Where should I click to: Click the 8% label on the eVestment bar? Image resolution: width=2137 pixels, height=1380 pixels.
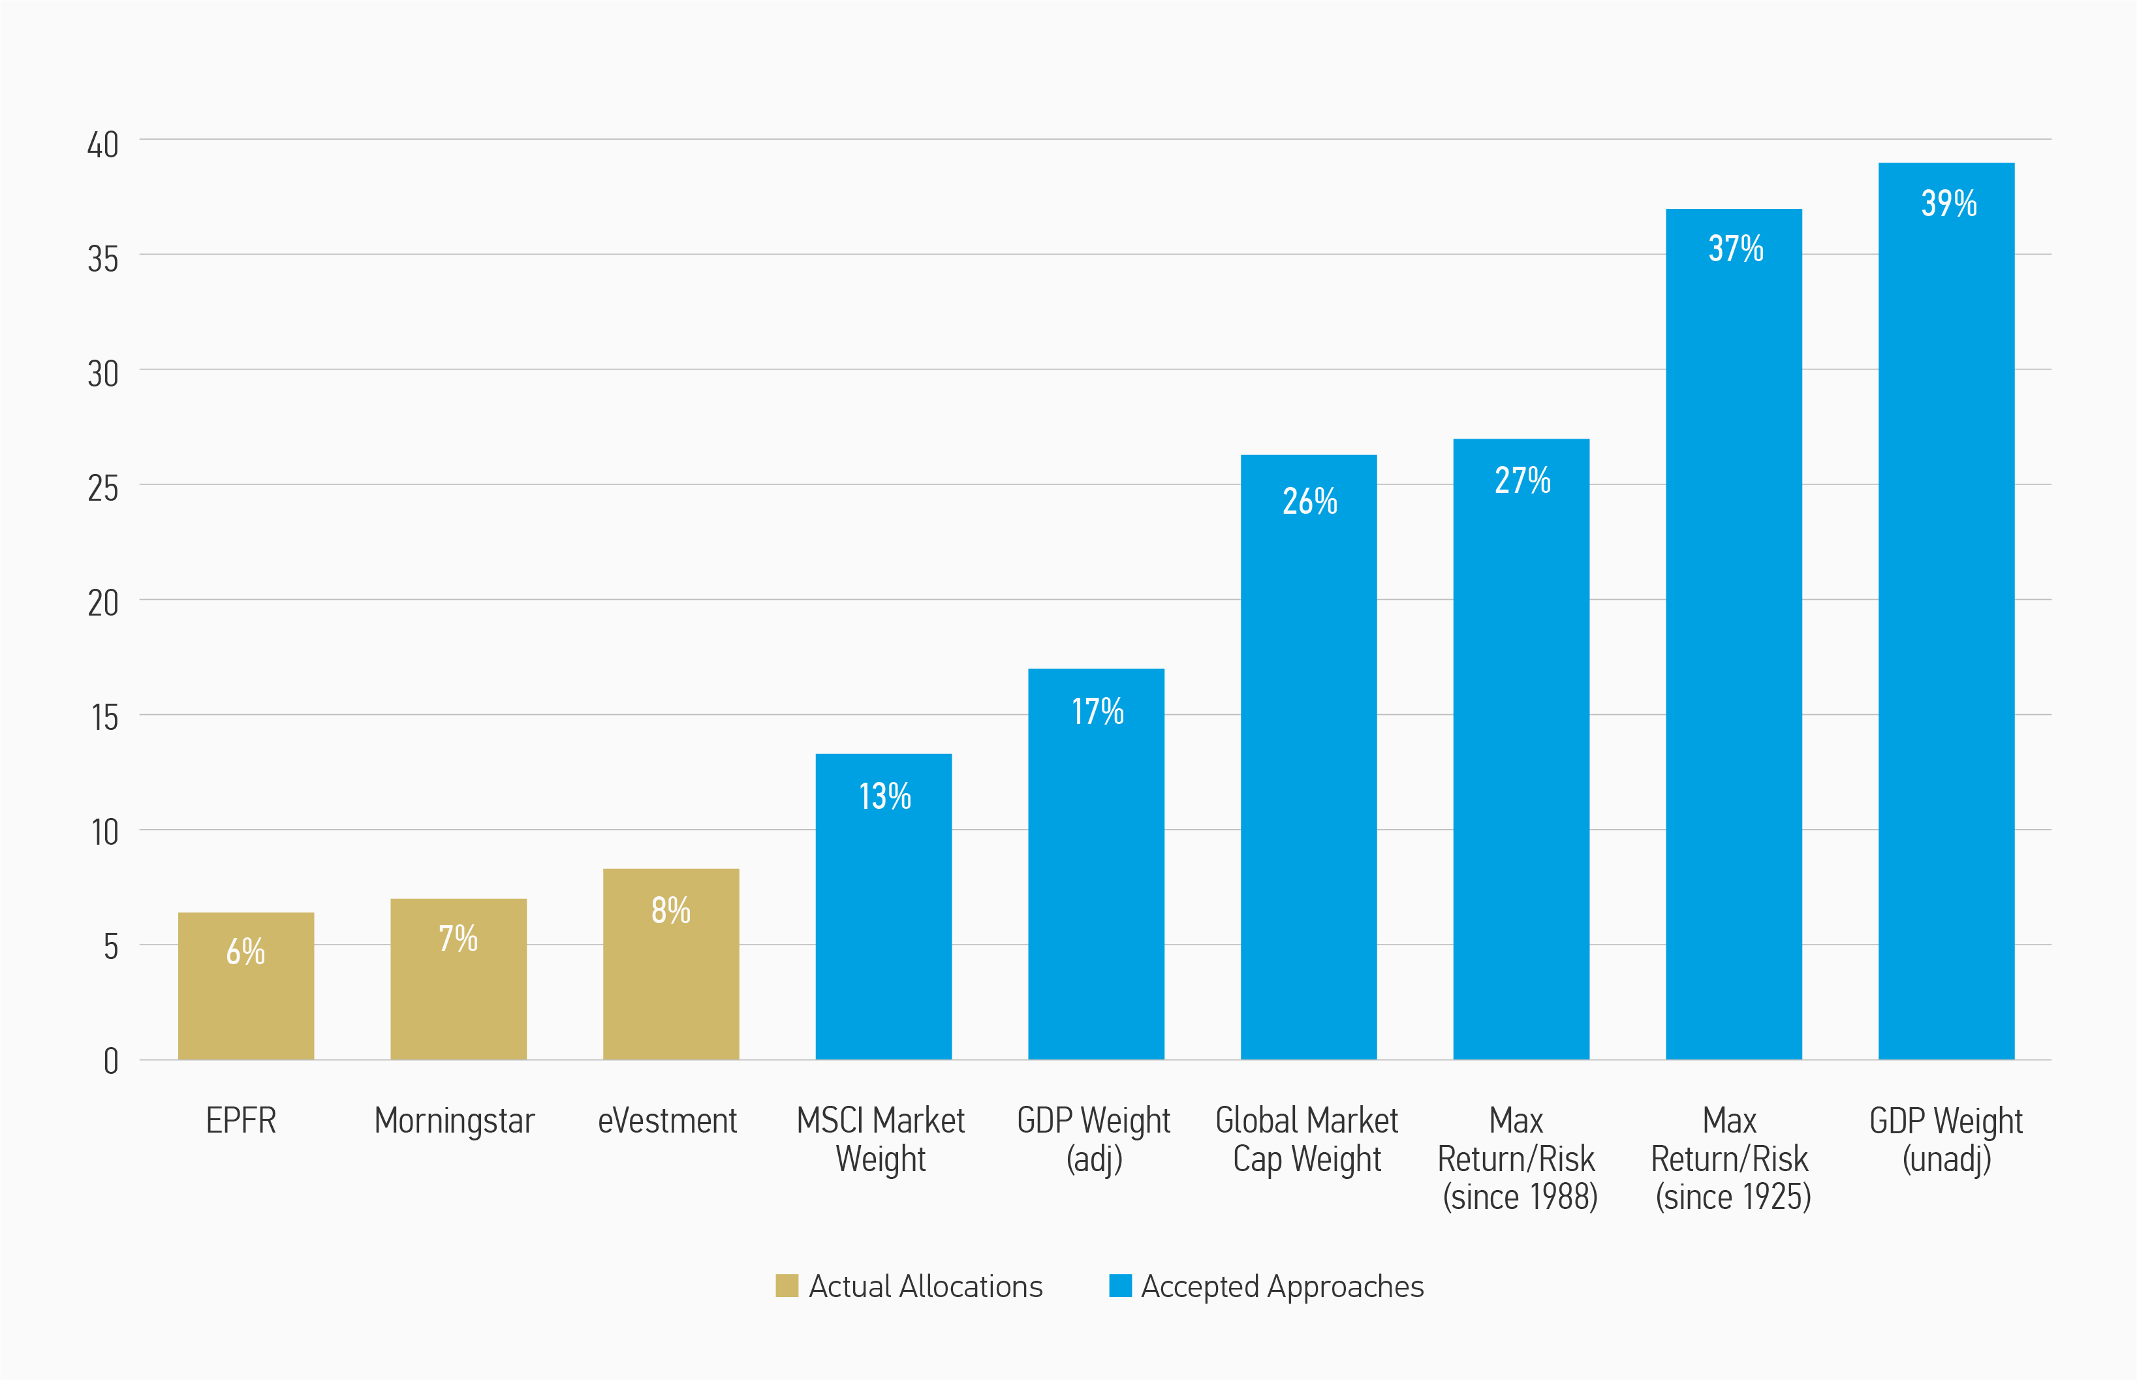670,911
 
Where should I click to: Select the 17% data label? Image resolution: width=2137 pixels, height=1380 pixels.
1098,712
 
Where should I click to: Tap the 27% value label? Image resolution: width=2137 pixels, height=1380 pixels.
1522,480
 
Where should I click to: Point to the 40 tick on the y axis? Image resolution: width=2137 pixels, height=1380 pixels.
103,145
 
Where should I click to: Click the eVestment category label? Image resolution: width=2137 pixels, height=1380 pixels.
668,1121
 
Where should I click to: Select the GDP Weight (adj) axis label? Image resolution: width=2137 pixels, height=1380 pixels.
1094,1140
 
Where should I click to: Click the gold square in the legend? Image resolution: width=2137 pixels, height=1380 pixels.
787,1286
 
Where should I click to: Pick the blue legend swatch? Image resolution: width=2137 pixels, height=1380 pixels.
1120,1286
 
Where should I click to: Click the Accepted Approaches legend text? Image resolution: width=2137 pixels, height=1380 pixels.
1281,1287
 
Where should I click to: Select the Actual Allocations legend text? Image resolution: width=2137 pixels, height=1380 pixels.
926,1287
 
